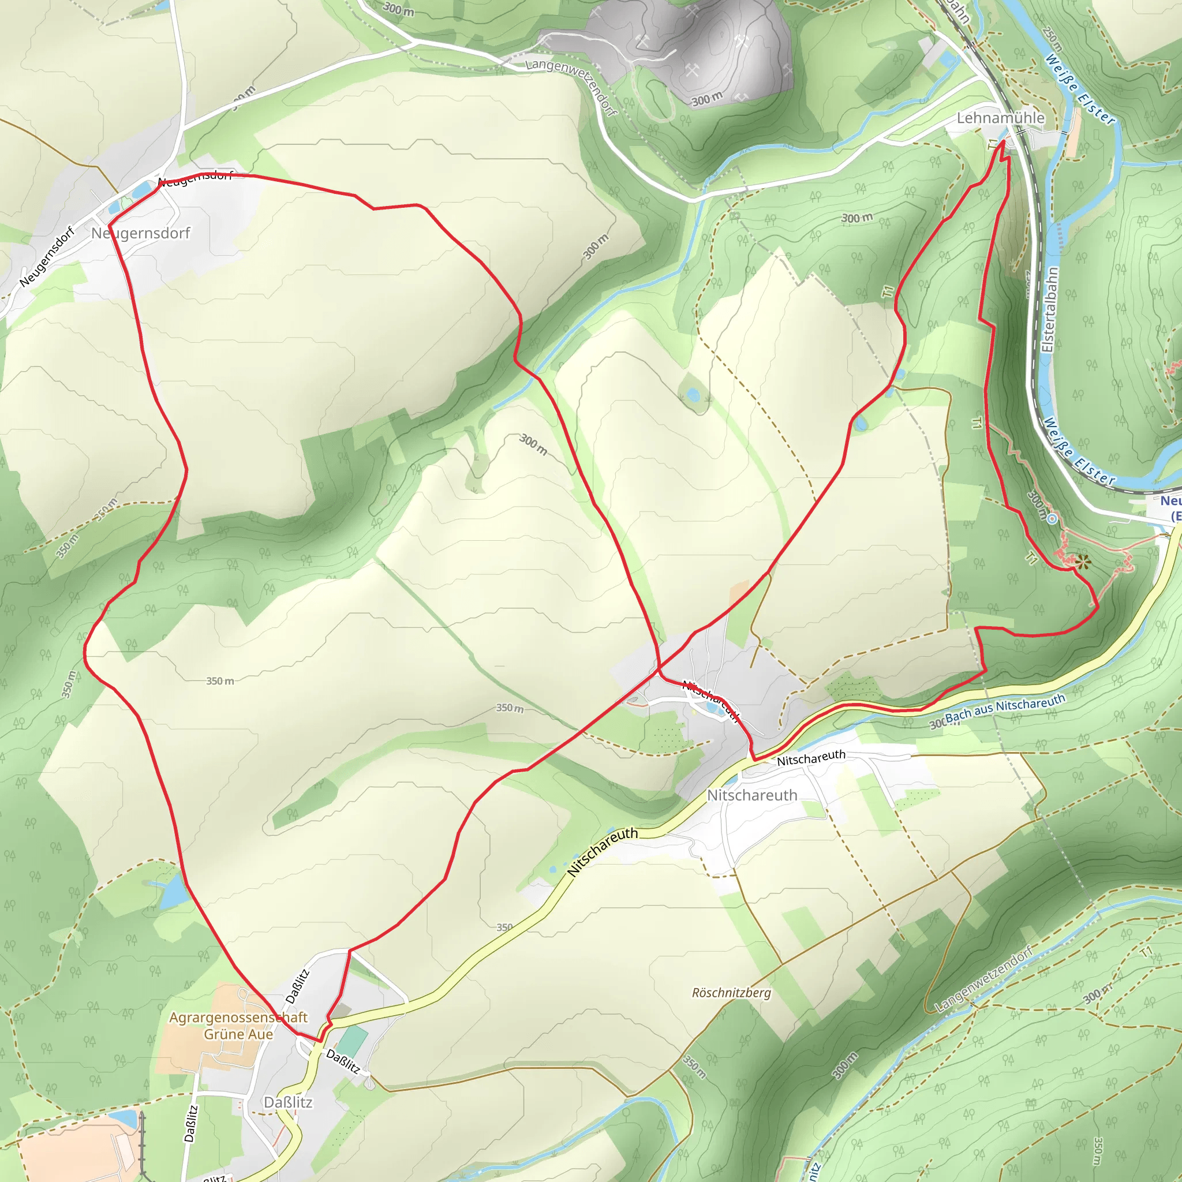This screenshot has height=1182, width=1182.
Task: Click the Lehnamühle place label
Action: pos(1000,118)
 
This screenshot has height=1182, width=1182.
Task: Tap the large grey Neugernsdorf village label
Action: pos(140,233)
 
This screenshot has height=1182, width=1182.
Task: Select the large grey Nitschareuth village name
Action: pos(752,795)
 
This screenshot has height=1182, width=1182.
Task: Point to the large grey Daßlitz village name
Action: pos(287,1102)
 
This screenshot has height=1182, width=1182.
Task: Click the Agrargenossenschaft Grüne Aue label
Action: pos(238,1026)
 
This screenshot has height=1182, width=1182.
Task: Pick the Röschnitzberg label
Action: pos(731,992)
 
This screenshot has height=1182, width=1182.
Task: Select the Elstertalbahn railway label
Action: pos(1050,309)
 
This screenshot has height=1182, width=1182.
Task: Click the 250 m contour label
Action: pos(1053,39)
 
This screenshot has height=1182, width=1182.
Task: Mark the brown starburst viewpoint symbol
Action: pos(1083,562)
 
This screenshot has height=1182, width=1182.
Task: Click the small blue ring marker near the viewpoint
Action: pos(1052,519)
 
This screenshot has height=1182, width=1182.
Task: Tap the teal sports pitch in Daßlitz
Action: pos(353,1040)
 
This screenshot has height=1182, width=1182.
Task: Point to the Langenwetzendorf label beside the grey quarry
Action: pos(571,85)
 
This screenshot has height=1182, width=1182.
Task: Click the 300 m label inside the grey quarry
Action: pos(706,99)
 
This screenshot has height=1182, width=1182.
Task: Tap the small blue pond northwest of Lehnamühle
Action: pos(948,59)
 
